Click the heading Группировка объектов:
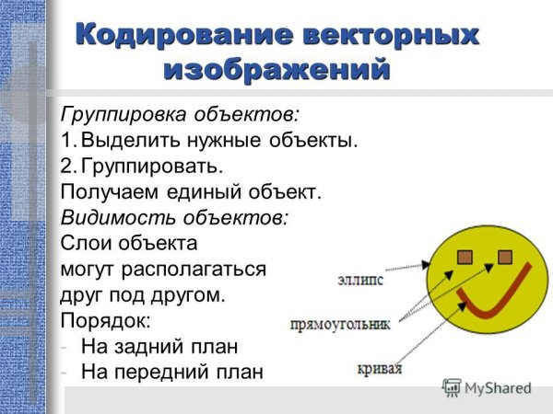pyautogui.click(x=180, y=116)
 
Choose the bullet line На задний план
pyautogui.click(x=159, y=348)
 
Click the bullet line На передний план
pyautogui.click(x=171, y=373)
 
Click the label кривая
pyautogui.click(x=381, y=370)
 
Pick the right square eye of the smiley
pyautogui.click(x=504, y=255)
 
